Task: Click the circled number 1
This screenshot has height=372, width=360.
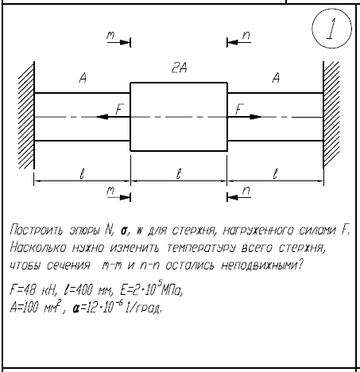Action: (x=331, y=29)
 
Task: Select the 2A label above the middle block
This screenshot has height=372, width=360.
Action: (x=180, y=68)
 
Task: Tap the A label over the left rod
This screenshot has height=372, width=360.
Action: (x=83, y=78)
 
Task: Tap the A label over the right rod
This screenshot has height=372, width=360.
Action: (x=276, y=78)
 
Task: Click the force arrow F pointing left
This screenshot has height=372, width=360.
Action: (x=113, y=117)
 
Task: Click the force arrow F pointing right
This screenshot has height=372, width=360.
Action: (x=245, y=117)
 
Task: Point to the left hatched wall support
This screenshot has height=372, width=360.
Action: (x=26, y=115)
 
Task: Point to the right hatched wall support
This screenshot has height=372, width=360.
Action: (x=331, y=114)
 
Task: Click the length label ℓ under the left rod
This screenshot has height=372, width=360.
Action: (x=82, y=174)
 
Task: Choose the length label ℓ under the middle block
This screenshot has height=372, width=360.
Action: (x=179, y=174)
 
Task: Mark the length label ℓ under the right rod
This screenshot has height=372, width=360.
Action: (x=276, y=174)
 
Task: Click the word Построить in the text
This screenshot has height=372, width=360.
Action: (x=37, y=230)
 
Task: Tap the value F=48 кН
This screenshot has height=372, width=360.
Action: (x=33, y=290)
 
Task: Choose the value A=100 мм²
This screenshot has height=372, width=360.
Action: (x=36, y=307)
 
